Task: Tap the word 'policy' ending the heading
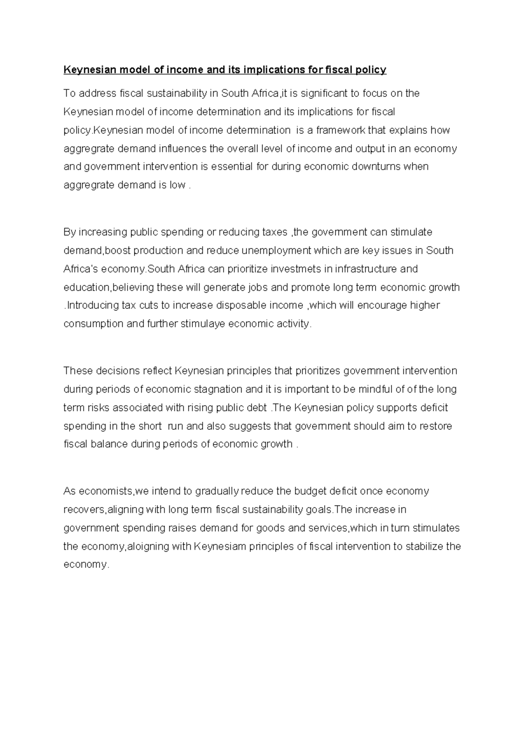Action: pyautogui.click(x=372, y=70)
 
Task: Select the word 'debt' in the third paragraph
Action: pyautogui.click(x=256, y=408)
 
